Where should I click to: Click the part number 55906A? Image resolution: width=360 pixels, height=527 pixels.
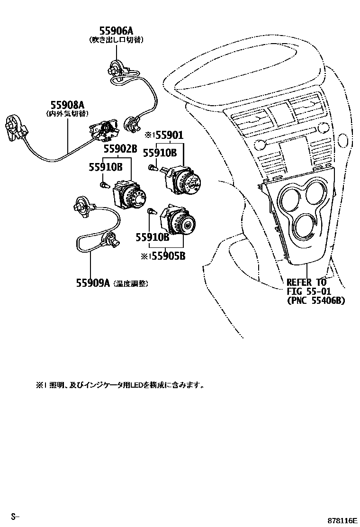(116, 31)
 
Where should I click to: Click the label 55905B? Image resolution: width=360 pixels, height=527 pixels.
(169, 256)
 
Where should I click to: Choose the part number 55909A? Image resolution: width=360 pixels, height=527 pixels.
(93, 283)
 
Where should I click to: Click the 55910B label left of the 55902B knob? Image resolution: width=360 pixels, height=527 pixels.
(105, 167)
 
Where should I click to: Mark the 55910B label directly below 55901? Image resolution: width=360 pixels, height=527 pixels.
(160, 153)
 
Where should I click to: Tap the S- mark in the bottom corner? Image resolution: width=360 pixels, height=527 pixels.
(15, 516)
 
